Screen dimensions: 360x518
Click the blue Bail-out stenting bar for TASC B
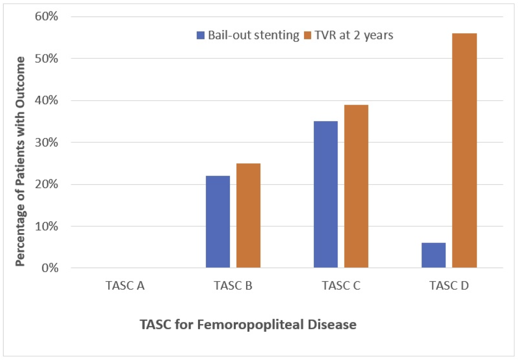pos(218,222)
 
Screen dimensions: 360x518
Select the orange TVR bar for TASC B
pos(248,215)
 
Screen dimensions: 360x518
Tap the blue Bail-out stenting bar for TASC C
pos(325,194)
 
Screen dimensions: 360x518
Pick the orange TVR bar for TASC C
pos(356,186)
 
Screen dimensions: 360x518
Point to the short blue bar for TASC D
pos(433,255)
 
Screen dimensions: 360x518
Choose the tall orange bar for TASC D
pos(464,150)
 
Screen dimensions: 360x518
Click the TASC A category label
pos(125,286)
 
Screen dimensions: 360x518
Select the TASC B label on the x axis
pos(233,286)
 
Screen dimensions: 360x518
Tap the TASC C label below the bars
pos(341,286)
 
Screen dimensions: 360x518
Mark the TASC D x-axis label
pos(449,286)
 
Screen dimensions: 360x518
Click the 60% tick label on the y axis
pos(46,16)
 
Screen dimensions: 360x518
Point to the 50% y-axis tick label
pos(46,58)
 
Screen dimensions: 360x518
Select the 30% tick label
pos(46,142)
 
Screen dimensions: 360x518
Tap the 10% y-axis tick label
pos(46,226)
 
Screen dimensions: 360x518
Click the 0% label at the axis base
pos(50,268)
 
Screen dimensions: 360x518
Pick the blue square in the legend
pos(201,35)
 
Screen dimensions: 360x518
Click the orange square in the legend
pos(307,35)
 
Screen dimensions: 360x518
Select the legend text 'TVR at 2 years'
pos(354,35)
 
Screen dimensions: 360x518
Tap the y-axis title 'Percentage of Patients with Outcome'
pos(20,161)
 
